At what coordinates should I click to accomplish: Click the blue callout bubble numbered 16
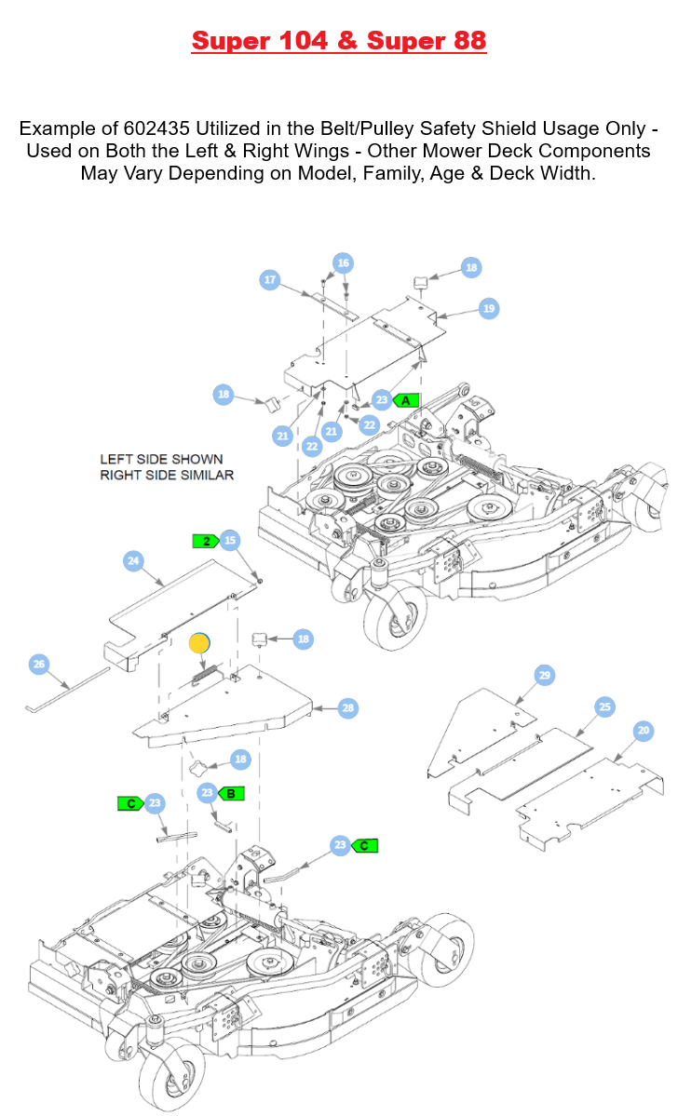[x=344, y=263]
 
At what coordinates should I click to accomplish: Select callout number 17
[x=270, y=279]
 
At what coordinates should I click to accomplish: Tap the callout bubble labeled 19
[x=489, y=308]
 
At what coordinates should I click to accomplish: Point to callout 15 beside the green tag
[x=230, y=540]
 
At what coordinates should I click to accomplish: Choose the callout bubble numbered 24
[x=133, y=560]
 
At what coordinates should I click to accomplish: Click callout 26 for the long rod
[x=39, y=664]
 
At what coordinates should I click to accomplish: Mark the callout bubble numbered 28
[x=348, y=708]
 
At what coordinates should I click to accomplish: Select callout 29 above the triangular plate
[x=545, y=675]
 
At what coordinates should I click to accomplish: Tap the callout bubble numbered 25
[x=605, y=707]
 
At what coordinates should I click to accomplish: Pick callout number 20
[x=644, y=731]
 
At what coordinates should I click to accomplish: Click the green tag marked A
[x=407, y=399]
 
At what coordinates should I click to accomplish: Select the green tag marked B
[x=231, y=794]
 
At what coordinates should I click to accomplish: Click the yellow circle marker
[x=199, y=642]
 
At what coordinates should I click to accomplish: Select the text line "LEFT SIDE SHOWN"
[x=161, y=459]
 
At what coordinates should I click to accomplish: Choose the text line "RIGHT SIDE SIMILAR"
[x=167, y=475]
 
